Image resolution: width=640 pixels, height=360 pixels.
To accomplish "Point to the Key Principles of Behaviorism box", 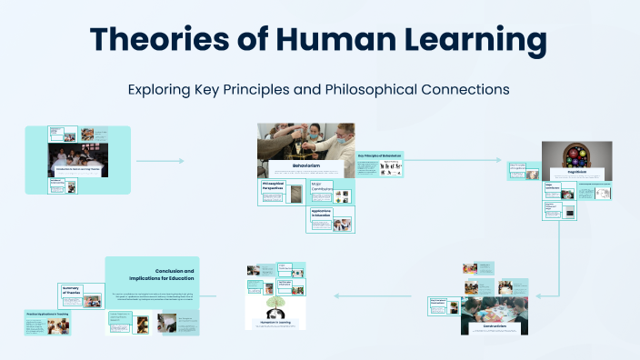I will pos(380,165).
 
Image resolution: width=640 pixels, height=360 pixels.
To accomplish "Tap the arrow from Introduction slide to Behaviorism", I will pos(160,161).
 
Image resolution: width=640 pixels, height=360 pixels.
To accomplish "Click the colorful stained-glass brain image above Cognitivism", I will pos(575,155).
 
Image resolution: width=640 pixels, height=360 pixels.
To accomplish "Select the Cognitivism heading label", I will pos(575,171).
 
